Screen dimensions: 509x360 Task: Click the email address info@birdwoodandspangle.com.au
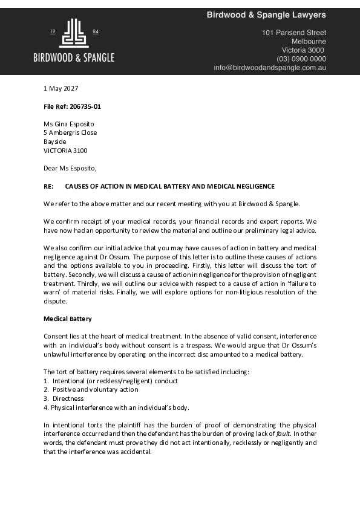[x=270, y=68]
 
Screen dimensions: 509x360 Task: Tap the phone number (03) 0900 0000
[x=301, y=59]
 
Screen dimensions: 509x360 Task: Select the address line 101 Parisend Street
[x=293, y=33]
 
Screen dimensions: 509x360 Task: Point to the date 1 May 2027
[x=61, y=88]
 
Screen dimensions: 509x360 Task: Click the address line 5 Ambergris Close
[x=70, y=132]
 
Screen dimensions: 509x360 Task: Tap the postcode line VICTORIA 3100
[x=65, y=150]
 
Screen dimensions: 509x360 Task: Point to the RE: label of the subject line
[x=48, y=186]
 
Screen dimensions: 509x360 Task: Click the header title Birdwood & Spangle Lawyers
[x=266, y=15]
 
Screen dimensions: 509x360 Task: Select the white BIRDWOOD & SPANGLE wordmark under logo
[x=74, y=58]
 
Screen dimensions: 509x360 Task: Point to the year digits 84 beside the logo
[x=96, y=31]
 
